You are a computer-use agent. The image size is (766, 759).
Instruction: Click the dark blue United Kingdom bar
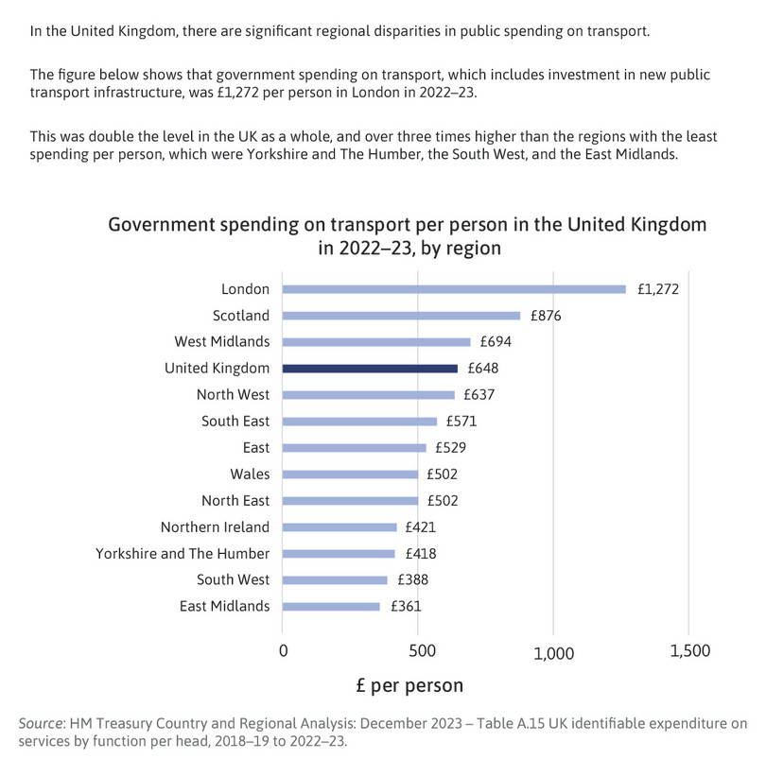pos(370,369)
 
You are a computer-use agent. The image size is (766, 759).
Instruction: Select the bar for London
pos(454,289)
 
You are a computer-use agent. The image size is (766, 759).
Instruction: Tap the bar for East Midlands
pos(331,607)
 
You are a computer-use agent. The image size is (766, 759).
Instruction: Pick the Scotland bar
pos(401,316)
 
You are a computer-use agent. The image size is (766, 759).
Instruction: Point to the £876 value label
pos(546,316)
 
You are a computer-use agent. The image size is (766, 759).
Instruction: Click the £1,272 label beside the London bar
pos(658,289)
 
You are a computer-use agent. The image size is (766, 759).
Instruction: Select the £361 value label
pos(406,606)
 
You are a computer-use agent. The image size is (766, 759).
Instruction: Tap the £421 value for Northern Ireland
pos(420,527)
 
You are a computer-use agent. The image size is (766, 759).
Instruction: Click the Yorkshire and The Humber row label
pos(183,553)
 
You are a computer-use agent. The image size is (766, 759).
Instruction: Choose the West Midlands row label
pos(222,341)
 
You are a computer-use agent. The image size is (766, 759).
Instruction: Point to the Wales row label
pos(250,474)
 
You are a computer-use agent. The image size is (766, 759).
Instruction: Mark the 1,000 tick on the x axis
pos(553,653)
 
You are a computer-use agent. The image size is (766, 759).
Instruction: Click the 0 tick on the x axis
pos(283,650)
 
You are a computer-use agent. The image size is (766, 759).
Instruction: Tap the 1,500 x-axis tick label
pos(689,650)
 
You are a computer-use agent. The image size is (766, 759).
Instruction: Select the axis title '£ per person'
pos(409,685)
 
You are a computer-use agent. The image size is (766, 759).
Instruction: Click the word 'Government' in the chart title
pos(162,225)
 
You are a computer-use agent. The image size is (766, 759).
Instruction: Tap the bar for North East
pos(350,501)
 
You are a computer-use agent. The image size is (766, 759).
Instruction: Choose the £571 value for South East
pos(461,421)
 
